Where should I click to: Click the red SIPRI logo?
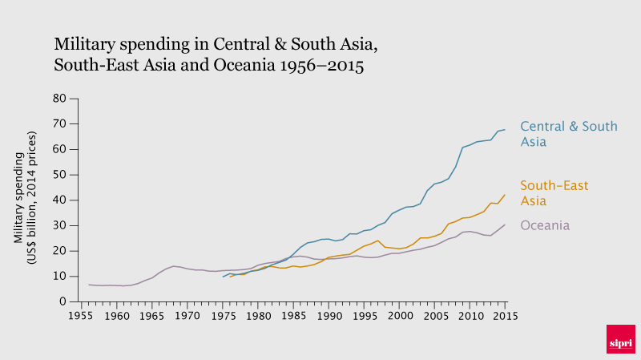click(620, 338)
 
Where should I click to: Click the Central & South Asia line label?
click(568, 134)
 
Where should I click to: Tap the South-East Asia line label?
click(554, 192)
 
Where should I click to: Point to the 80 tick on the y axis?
click(58, 99)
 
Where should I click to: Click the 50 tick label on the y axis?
click(58, 175)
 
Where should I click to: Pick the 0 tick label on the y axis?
click(62, 301)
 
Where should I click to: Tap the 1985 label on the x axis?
click(293, 317)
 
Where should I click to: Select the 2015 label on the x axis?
click(505, 317)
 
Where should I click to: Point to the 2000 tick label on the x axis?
click(399, 317)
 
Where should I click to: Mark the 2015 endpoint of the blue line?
click(505, 130)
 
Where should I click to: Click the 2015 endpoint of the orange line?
click(505, 195)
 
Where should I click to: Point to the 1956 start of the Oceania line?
click(89, 285)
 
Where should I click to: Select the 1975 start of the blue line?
click(223, 277)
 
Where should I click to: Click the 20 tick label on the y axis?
click(58, 251)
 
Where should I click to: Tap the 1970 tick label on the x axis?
click(187, 317)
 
